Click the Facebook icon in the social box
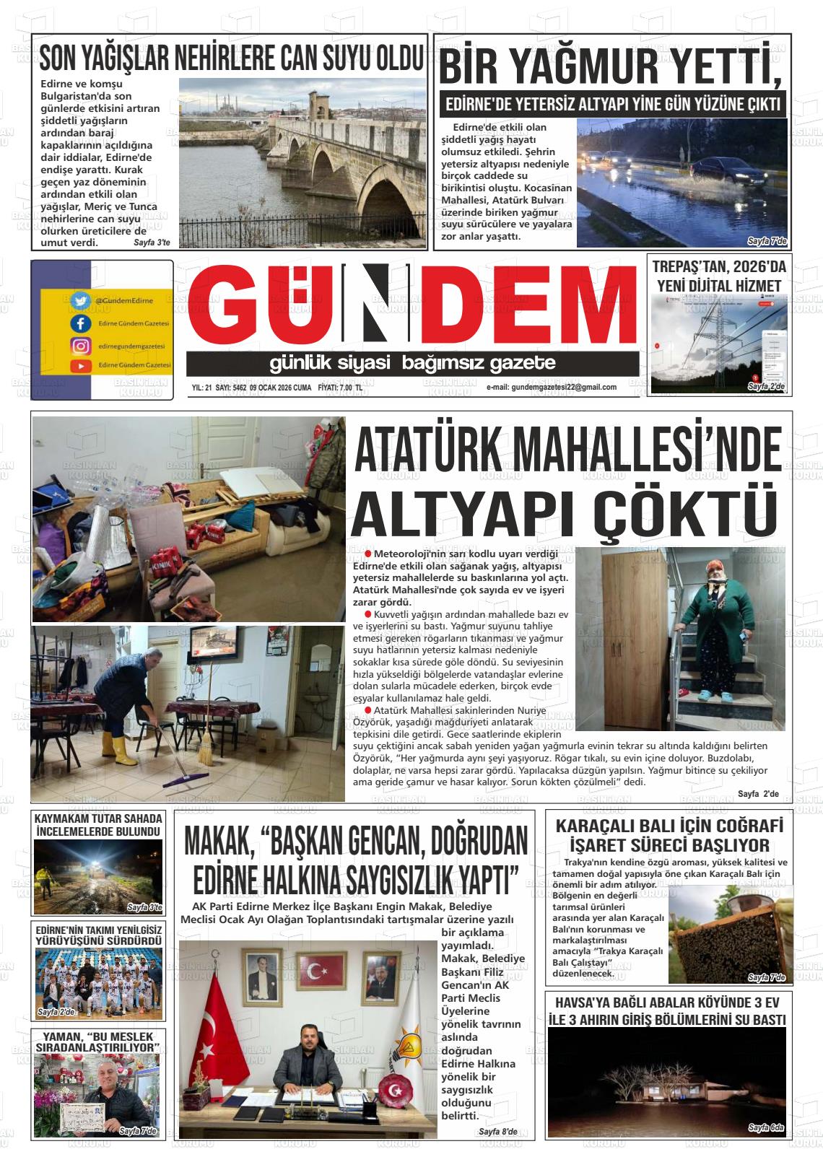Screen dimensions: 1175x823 (80, 324)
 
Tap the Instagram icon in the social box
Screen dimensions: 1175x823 (80, 346)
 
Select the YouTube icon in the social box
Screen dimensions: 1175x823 (80, 367)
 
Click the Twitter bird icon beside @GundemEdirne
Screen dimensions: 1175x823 (80, 300)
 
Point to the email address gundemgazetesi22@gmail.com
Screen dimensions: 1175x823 (552, 387)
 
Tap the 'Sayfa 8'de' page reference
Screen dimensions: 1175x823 (497, 1132)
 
